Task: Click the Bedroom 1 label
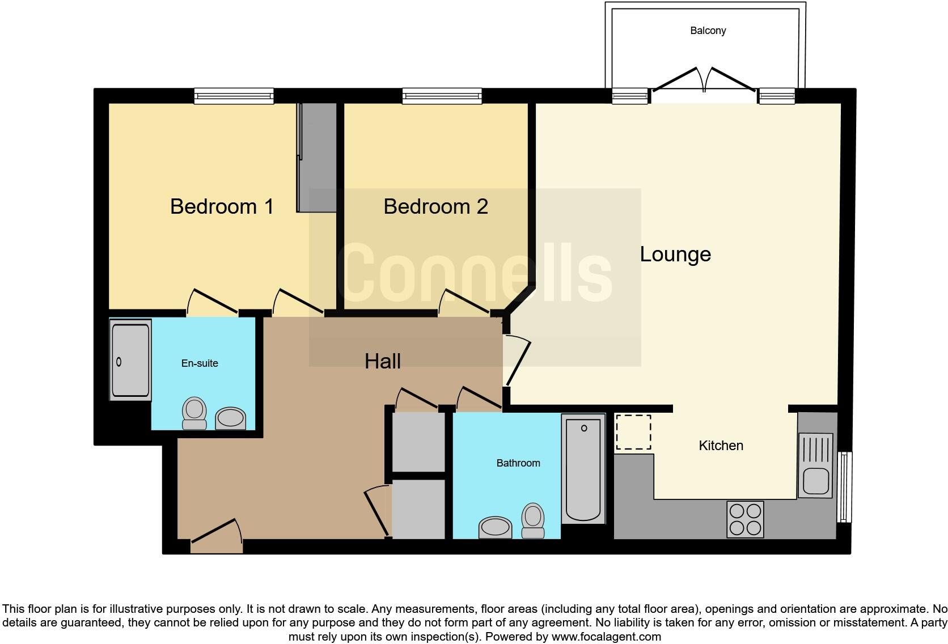coord(222,206)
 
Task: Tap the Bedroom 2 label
coord(435,206)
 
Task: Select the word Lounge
coord(675,254)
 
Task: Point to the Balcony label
coord(708,31)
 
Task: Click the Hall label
coord(383,361)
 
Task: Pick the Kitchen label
coord(721,446)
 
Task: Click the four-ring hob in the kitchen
coord(745,519)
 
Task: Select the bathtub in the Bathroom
coord(583,468)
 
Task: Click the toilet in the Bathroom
coord(532,520)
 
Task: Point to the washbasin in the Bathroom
coord(495,528)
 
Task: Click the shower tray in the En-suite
coord(130,361)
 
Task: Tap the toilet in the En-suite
coord(194,413)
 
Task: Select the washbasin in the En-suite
coord(231,418)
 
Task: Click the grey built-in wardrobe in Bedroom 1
coord(318,158)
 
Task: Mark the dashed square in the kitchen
coord(633,432)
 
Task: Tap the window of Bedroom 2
coord(442,96)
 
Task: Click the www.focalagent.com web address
coord(606,637)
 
